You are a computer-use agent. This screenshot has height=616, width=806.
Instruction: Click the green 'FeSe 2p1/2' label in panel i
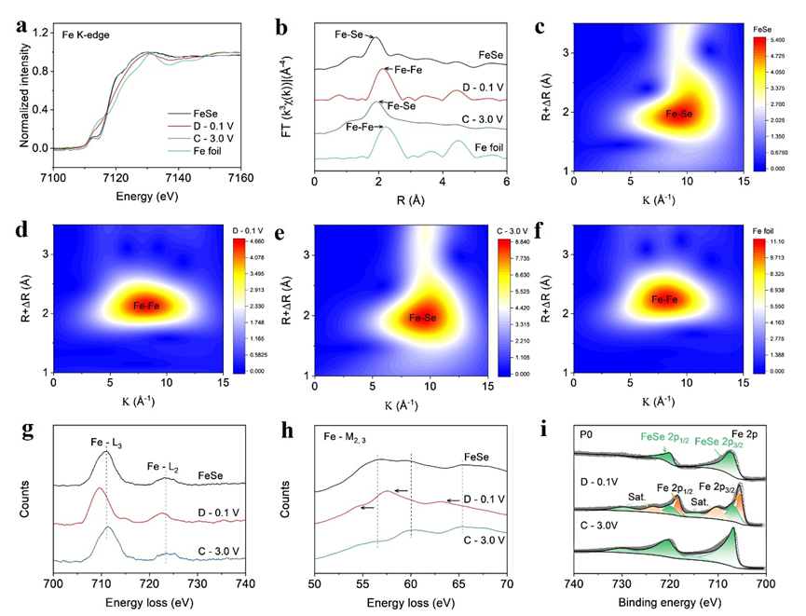[670, 434]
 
